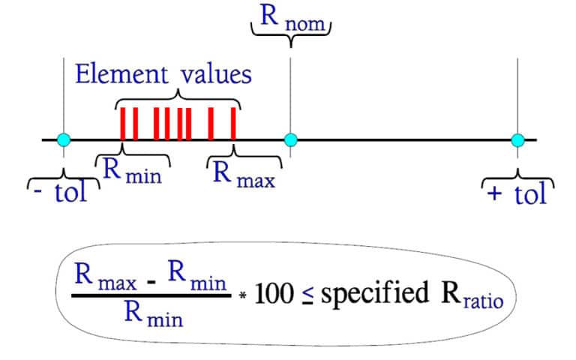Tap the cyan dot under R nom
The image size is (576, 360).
(291, 139)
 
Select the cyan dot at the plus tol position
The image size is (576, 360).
(517, 139)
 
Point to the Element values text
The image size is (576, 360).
(163, 75)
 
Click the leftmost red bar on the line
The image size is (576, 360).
(123, 124)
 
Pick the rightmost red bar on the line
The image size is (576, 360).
(233, 124)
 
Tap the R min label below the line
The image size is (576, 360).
(133, 171)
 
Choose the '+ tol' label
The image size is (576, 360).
(517, 194)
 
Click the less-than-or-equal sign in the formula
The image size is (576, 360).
(305, 296)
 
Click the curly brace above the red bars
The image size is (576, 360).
(178, 97)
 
